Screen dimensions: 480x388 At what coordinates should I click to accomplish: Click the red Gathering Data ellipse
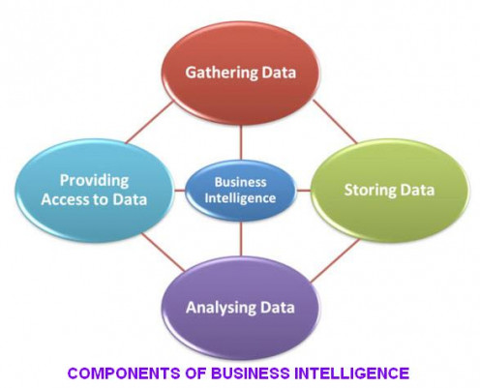(241, 73)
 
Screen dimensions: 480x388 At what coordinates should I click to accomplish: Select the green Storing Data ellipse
(390, 191)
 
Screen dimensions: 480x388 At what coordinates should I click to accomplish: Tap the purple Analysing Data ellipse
(241, 308)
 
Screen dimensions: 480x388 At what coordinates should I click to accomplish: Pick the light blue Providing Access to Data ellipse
(94, 191)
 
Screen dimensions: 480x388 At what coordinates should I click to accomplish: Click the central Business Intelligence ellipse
(241, 191)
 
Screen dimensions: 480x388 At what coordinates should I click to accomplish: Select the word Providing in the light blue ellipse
(94, 181)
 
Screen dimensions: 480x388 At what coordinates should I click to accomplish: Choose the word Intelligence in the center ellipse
(241, 198)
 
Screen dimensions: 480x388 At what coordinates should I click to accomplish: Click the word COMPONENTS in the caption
(124, 373)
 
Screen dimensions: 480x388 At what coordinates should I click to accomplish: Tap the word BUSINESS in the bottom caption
(251, 373)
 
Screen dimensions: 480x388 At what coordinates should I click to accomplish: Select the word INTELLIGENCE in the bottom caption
(351, 373)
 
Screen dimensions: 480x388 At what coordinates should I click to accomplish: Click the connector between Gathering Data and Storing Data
(335, 121)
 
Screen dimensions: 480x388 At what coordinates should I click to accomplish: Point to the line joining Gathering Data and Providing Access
(149, 123)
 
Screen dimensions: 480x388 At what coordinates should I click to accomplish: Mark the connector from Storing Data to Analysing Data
(336, 260)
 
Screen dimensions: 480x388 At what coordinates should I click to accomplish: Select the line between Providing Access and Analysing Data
(164, 253)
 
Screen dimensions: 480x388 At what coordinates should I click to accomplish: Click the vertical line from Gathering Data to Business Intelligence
(241, 142)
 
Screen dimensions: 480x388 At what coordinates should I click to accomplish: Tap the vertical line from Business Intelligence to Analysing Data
(241, 239)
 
